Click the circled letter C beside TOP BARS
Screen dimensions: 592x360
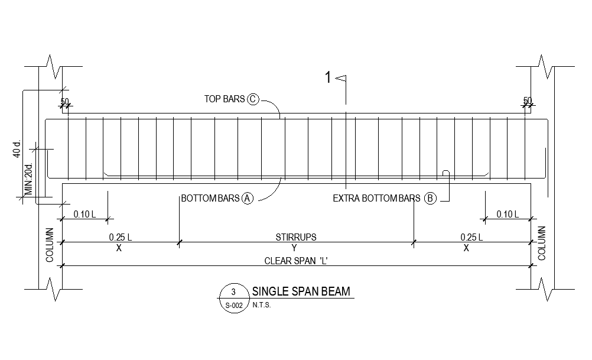pos(253,99)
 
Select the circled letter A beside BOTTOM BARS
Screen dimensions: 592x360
pos(248,199)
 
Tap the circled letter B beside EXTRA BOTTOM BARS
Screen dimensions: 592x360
pos(430,199)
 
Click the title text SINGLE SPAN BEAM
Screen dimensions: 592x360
pos(301,291)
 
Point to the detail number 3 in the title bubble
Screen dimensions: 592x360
pos(233,292)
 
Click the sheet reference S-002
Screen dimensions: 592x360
pos(233,306)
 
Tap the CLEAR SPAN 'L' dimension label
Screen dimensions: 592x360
pos(295,261)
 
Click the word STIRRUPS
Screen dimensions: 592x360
pos(295,237)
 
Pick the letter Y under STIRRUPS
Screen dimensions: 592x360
pos(295,248)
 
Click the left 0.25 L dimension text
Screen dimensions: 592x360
pos(120,237)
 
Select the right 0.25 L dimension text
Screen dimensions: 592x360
pos(471,237)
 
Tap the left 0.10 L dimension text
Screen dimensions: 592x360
pos(84,214)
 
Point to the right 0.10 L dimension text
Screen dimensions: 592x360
pos(507,214)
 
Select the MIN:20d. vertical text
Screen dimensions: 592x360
pos(28,180)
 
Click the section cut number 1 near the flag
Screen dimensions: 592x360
pos(328,77)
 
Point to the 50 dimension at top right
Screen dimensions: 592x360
pos(528,100)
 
